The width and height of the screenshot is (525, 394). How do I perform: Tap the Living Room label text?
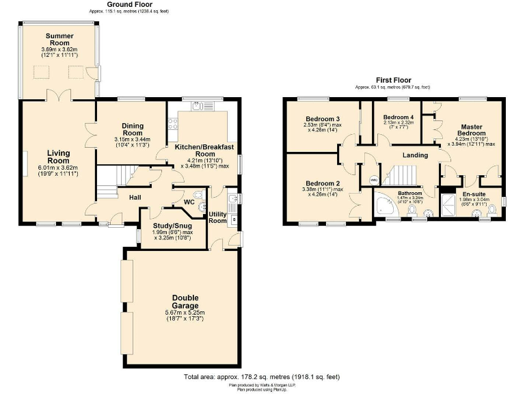59,157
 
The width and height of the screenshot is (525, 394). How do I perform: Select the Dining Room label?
132,129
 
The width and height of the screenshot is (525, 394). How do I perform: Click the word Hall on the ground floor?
135,198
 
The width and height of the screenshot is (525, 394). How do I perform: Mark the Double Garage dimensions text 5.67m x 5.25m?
184,313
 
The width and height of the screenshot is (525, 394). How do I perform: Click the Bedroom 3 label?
323,119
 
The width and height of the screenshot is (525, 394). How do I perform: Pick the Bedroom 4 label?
398,117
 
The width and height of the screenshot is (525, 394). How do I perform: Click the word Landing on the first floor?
415,155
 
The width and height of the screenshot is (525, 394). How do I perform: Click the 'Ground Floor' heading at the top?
128,5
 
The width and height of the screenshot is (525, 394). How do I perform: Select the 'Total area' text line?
262,377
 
